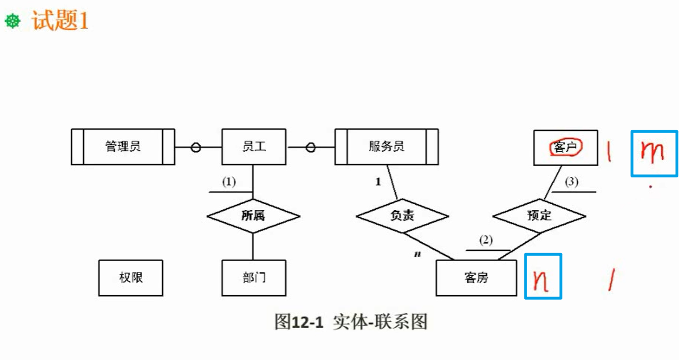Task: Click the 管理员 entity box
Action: coord(123,147)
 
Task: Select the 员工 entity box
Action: coord(254,147)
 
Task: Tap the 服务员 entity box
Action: coord(386,147)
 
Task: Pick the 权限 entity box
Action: coord(130,278)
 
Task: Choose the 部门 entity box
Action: coord(254,278)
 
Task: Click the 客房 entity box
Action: coord(476,278)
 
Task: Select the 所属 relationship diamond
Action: coord(253,216)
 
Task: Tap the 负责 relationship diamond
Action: coord(402,216)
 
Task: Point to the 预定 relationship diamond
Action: coord(539,216)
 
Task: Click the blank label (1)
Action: coord(228,182)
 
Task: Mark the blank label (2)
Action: coord(486,240)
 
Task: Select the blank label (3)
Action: coord(572,182)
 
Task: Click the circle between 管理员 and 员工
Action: coord(195,148)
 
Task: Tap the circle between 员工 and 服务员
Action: coord(310,148)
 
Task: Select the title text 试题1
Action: coord(60,22)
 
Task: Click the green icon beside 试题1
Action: coord(13,22)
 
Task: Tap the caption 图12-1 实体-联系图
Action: coord(350,322)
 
